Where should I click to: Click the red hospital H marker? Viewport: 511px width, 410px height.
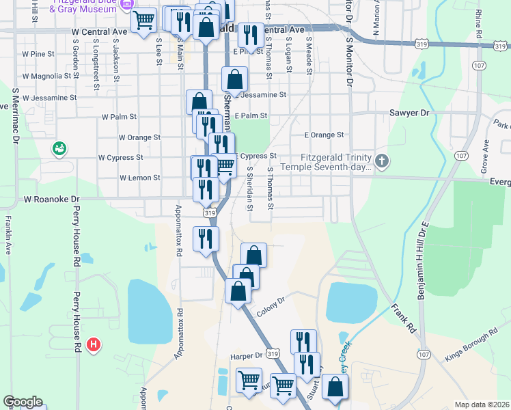(95, 344)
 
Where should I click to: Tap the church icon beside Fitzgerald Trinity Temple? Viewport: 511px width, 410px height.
(382, 162)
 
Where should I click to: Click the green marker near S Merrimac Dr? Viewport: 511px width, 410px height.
(59, 148)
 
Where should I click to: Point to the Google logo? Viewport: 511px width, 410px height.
(23, 402)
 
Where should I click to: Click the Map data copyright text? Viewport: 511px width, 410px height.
(482, 405)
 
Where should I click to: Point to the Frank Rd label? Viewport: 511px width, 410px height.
(404, 316)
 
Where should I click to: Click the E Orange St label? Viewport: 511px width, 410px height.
(324, 135)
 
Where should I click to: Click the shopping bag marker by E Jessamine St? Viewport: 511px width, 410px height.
(234, 79)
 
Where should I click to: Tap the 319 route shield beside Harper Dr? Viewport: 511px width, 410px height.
(273, 354)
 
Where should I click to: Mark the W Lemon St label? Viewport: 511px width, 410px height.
(139, 178)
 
